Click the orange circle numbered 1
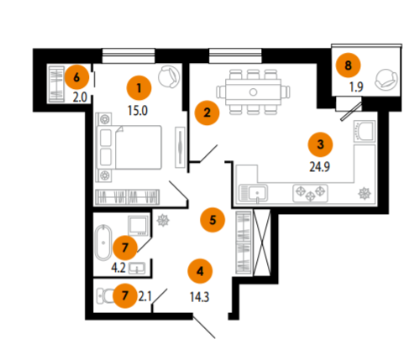[x=139, y=88]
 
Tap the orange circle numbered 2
[x=207, y=112]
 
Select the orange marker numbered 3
[x=320, y=144]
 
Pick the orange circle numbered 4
[x=200, y=271]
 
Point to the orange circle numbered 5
[x=212, y=220]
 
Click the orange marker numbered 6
[x=76, y=77]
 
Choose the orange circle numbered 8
[x=348, y=65]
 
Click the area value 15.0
[x=138, y=111]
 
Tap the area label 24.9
[x=319, y=167]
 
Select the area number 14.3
[x=200, y=297]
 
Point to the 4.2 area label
[x=118, y=268]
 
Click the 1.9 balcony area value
[x=356, y=87]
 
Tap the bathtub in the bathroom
[x=103, y=243]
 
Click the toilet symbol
[x=105, y=296]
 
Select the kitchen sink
[x=254, y=193]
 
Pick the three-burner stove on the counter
[x=311, y=193]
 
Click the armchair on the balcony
[x=386, y=80]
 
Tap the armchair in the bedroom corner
[x=169, y=76]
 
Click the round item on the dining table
[x=253, y=91]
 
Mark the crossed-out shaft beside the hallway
[x=262, y=243]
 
